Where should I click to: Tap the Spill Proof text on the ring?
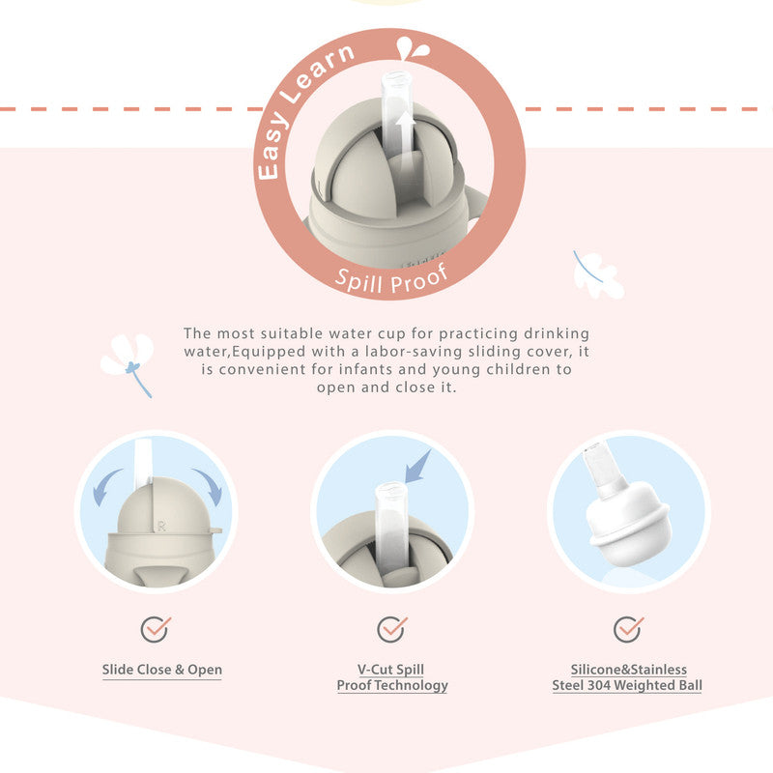pyautogui.click(x=392, y=279)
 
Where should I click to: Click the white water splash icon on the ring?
pyautogui.click(x=413, y=48)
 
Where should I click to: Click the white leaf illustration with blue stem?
pyautogui.click(x=598, y=274)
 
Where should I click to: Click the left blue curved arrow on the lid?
pyautogui.click(x=105, y=487)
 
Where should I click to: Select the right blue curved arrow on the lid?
pyautogui.click(x=209, y=487)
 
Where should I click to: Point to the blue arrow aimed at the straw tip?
pyautogui.click(x=417, y=467)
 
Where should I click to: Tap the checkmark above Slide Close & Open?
pyautogui.click(x=156, y=629)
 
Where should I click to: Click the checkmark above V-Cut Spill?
pyautogui.click(x=392, y=629)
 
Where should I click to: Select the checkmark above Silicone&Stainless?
pyautogui.click(x=628, y=629)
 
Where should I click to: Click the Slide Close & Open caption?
pyautogui.click(x=161, y=670)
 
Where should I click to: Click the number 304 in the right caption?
pyautogui.click(x=598, y=685)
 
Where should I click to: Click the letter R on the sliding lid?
pyautogui.click(x=161, y=527)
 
